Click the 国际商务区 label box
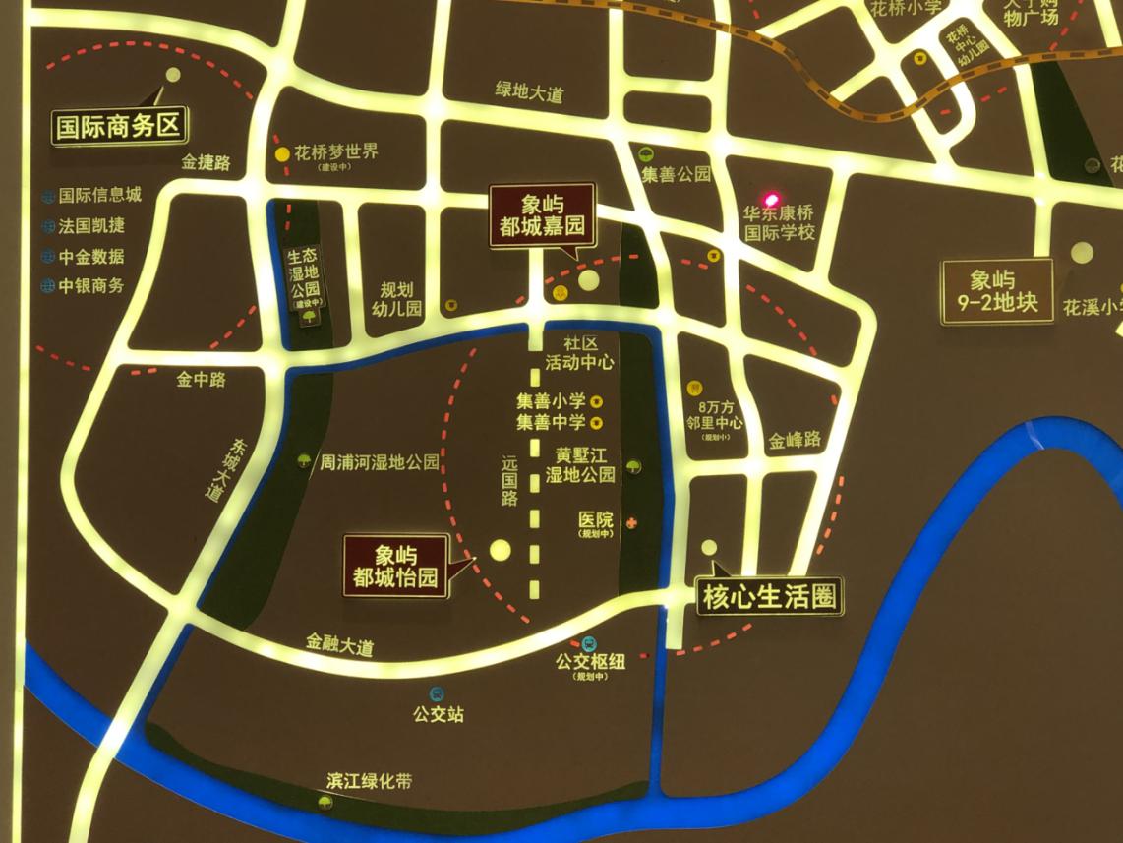coord(119,128)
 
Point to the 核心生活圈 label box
coord(771,597)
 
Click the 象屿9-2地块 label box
coord(997,291)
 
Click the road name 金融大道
coord(340,647)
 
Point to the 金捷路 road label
coord(207,163)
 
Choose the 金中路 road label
coord(202,379)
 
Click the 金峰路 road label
coord(795,440)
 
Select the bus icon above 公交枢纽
coord(589,644)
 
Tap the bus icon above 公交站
coord(436,694)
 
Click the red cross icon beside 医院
coord(632,521)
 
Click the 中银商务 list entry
coord(90,286)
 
